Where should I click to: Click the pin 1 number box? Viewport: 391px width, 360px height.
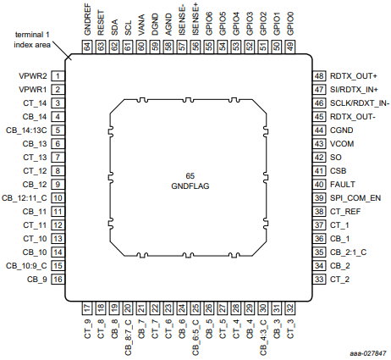point(58,76)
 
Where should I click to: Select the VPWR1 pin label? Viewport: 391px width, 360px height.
point(32,90)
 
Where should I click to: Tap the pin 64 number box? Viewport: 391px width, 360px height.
point(87,47)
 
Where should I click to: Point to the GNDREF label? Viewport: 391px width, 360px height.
point(87,19)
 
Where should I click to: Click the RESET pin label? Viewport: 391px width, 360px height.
point(101,23)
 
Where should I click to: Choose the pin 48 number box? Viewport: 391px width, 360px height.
point(319,76)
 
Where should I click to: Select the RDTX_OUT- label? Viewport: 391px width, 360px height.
point(353,117)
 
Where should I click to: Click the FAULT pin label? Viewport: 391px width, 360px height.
point(343,185)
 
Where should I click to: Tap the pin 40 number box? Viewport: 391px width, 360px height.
point(319,185)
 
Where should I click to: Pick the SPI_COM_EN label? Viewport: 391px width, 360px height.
point(355,198)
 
